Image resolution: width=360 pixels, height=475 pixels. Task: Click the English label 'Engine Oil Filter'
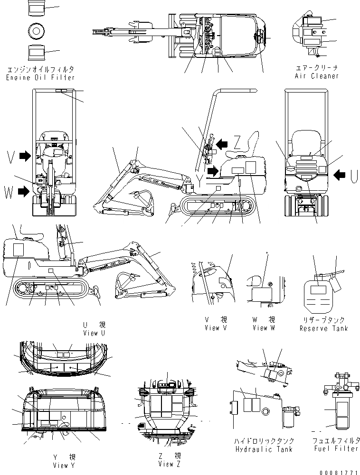(40, 77)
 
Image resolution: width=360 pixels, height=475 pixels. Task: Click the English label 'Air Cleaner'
(317, 76)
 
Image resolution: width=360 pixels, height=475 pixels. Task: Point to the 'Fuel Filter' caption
(336, 449)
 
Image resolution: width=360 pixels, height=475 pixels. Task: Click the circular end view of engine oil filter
(36, 31)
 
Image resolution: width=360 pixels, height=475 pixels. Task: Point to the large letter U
(352, 176)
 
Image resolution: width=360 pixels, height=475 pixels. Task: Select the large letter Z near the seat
(239, 141)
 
